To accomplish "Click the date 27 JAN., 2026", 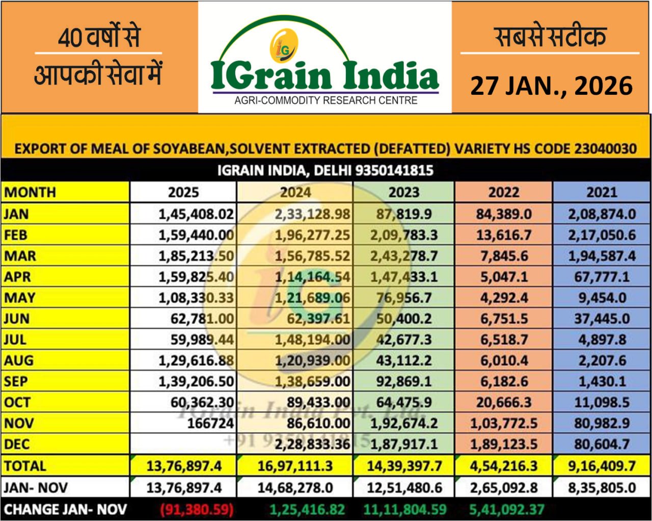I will click(551, 85).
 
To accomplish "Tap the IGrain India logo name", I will click(324, 76).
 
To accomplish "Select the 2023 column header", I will click(404, 193).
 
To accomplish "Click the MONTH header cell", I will click(30, 193).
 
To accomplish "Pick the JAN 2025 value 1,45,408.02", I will click(196, 214).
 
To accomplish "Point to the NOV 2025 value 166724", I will click(210, 423).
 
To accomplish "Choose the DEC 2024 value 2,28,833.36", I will click(312, 444).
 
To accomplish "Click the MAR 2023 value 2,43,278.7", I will click(404, 256).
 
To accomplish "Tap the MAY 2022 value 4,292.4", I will click(504, 298).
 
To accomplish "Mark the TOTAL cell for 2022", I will click(504, 466).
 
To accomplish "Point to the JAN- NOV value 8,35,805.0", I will click(602, 488).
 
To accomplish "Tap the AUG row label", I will click(19, 360).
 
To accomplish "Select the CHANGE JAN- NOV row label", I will click(65, 509).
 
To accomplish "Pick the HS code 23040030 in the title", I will click(605, 149).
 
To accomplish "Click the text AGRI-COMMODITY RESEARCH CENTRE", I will click(325, 100).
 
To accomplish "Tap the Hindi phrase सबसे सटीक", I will click(551, 37).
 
